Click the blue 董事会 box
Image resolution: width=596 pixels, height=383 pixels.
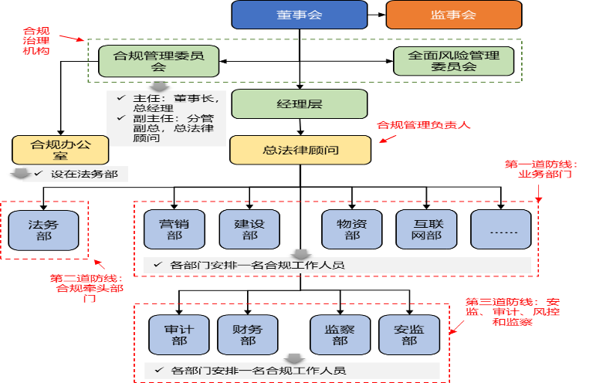[x=300, y=15]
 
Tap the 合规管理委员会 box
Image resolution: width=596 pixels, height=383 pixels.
[x=159, y=61]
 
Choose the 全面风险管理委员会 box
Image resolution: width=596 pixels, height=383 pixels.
[x=453, y=61]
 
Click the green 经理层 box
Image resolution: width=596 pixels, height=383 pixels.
[x=299, y=104]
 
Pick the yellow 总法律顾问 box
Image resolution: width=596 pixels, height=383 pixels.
[x=300, y=150]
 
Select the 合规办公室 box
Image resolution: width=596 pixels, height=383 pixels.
[x=49, y=150]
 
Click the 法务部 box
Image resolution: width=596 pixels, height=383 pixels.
[x=43, y=230]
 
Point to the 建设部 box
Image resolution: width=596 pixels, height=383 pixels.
[x=249, y=230]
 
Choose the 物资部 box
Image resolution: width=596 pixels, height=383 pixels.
[x=352, y=230]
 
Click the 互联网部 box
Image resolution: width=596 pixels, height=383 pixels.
[x=426, y=230]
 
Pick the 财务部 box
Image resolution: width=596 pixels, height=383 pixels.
[x=247, y=334]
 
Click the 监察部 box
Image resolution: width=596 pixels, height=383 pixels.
[x=340, y=334]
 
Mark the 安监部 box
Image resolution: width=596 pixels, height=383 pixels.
[x=409, y=334]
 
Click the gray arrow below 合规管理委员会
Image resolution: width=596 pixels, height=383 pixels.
[x=159, y=86]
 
